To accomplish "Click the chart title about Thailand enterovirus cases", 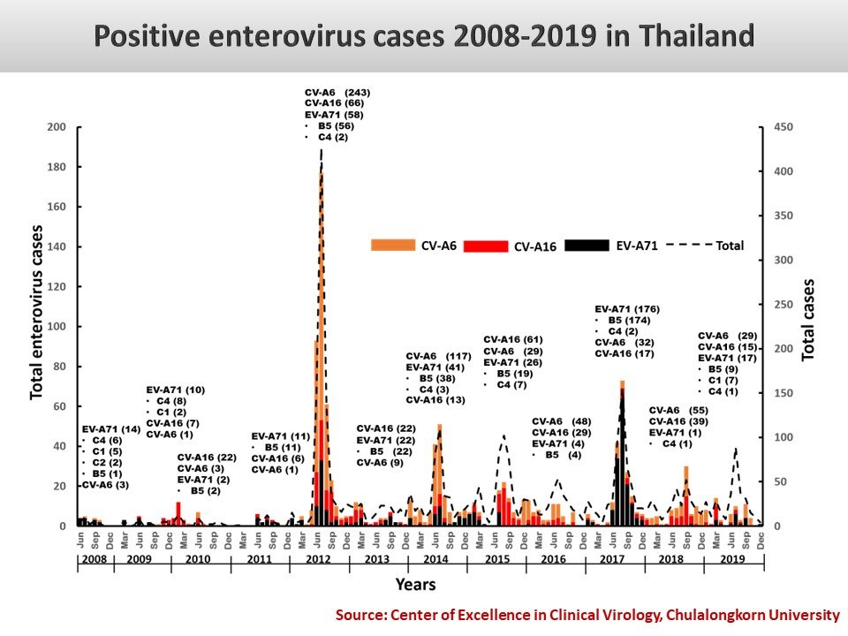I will [424, 36].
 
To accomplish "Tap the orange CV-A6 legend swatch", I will [393, 246].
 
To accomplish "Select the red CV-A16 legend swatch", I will [484, 246].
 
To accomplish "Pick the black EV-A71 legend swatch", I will [587, 246].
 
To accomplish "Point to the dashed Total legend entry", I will [705, 246].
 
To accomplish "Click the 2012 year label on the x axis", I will [320, 559].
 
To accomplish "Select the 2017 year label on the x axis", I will [615, 559].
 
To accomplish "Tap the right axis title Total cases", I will [808, 320].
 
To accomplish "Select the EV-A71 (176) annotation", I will [627, 308].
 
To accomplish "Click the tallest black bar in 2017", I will [623, 459].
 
